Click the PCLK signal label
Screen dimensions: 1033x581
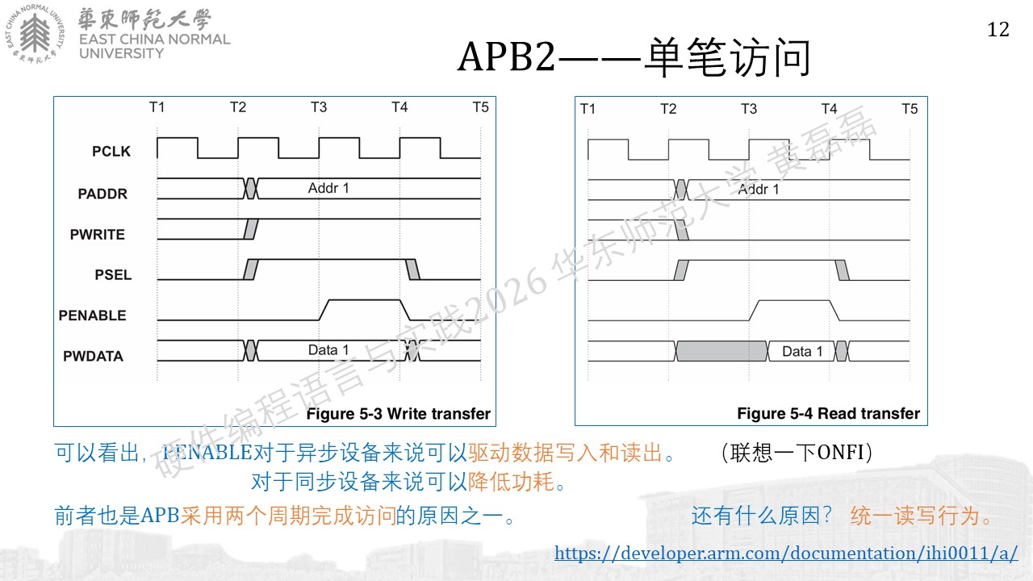(111, 151)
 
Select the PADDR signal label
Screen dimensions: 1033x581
(102, 194)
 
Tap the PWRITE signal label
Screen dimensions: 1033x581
(98, 234)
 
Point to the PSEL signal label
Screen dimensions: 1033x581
(113, 275)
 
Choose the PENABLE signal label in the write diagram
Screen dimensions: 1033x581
(92, 316)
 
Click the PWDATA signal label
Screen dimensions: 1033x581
(93, 356)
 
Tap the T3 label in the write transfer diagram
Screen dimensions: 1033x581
(319, 107)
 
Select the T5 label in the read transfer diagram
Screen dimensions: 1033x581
(910, 109)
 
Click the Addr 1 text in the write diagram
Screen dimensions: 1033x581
(328, 188)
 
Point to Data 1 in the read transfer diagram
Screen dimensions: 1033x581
(802, 351)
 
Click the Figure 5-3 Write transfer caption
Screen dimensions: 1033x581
(399, 414)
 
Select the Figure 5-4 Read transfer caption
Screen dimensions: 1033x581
(828, 413)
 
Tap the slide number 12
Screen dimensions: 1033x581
(998, 30)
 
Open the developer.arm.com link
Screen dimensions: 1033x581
(786, 553)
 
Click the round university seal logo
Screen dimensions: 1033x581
(35, 34)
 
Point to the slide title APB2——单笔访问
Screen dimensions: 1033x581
(634, 57)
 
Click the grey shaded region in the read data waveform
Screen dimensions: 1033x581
(721, 351)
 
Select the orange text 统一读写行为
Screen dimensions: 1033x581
(915, 516)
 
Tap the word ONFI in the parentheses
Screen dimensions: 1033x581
(840, 453)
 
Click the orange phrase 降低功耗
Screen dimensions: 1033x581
(511, 482)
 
